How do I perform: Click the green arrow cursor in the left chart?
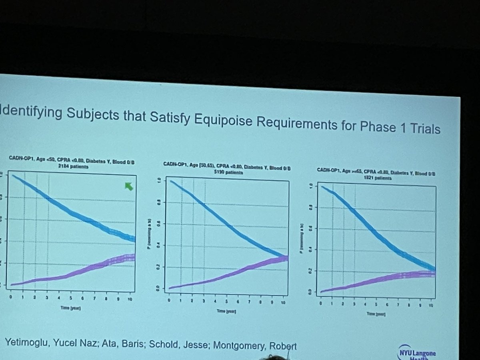[x=128, y=186]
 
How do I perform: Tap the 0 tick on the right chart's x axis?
[x=321, y=305]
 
